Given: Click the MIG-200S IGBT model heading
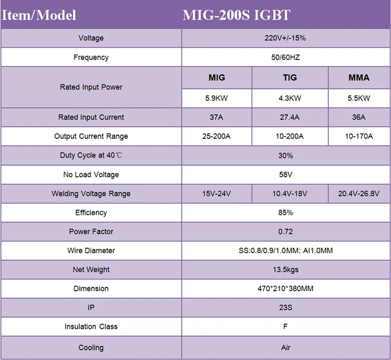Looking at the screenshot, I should [x=236, y=15].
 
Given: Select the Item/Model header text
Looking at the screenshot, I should [x=39, y=15].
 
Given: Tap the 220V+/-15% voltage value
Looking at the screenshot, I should [x=286, y=38].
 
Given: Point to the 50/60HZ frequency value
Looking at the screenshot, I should [x=286, y=57].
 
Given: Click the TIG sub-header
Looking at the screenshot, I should [x=290, y=78].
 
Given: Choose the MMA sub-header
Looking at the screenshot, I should [x=359, y=78].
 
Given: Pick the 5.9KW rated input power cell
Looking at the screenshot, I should [x=216, y=98].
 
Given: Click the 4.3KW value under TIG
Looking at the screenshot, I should [x=290, y=98].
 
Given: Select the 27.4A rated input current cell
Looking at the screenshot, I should [x=290, y=117].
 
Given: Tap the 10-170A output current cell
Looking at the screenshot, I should [x=359, y=136].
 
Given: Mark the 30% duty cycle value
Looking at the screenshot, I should [x=286, y=155].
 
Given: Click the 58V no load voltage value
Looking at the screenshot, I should [x=286, y=174].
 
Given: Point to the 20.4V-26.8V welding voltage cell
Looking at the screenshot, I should [x=359, y=194].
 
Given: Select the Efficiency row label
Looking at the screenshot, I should [x=91, y=212].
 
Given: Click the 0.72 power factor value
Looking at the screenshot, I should [x=286, y=232].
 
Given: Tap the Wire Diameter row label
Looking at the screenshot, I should [x=91, y=250].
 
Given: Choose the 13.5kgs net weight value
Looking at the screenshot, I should [x=286, y=270].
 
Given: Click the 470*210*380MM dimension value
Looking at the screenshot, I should [x=286, y=289].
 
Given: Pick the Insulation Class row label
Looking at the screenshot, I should [x=91, y=327].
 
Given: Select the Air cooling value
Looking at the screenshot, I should [x=286, y=347].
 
